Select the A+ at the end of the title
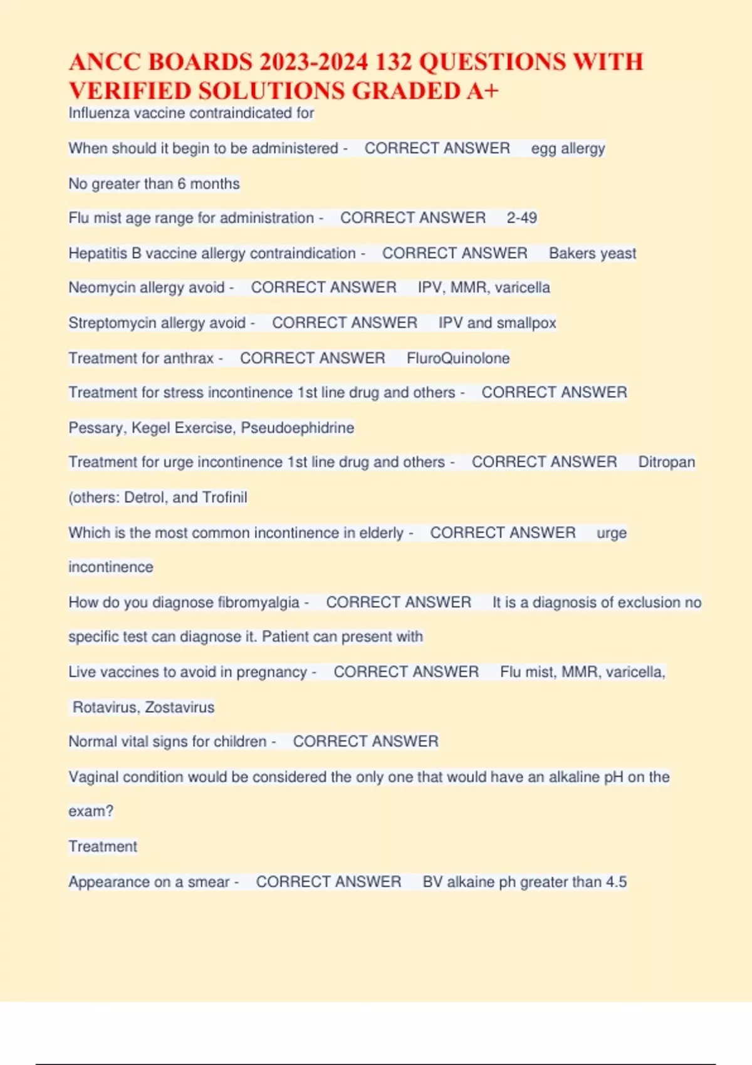pos(482,91)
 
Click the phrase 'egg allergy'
pos(568,148)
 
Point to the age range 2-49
pos(521,218)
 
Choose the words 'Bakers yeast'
pos(592,253)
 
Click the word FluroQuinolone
pos(458,358)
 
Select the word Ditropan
pos(666,462)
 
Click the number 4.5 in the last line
pos(616,882)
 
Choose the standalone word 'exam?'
pos(91,811)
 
